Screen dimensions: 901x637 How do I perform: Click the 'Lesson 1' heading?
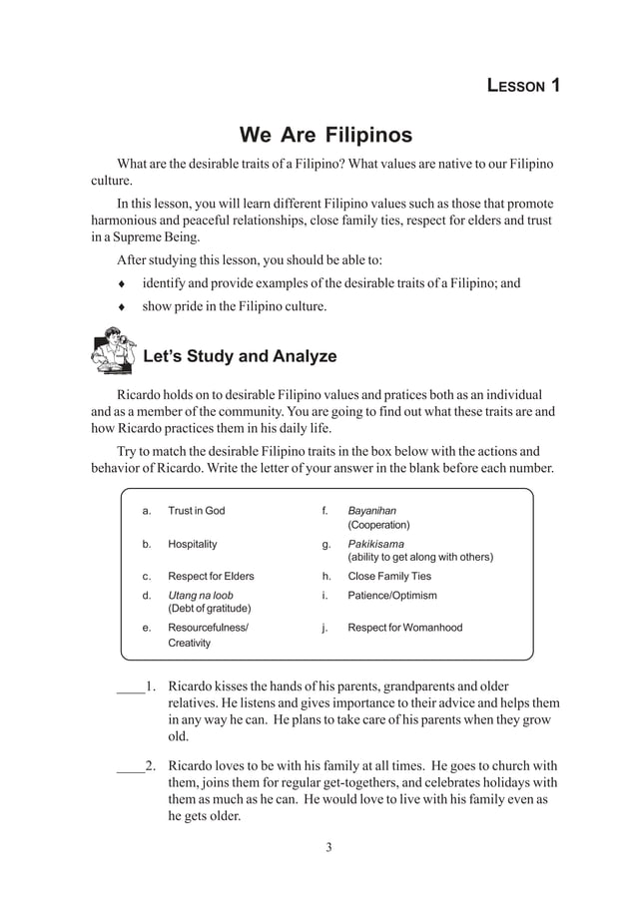[522, 85]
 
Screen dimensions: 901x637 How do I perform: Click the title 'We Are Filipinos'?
[325, 135]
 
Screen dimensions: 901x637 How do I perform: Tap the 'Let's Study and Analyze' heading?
[240, 356]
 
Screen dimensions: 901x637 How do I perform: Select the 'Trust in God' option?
[196, 511]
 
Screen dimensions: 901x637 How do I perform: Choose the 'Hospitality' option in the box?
[192, 545]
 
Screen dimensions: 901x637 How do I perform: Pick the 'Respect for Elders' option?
[211, 577]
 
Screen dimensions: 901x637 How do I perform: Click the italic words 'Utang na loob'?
[200, 596]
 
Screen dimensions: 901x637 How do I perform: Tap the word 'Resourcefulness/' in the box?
[209, 628]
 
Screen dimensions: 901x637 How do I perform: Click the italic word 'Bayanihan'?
[371, 511]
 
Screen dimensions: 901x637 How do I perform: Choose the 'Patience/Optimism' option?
[391, 596]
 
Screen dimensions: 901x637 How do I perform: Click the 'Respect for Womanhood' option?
[404, 628]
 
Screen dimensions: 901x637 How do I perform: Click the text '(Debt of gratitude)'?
[209, 609]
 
